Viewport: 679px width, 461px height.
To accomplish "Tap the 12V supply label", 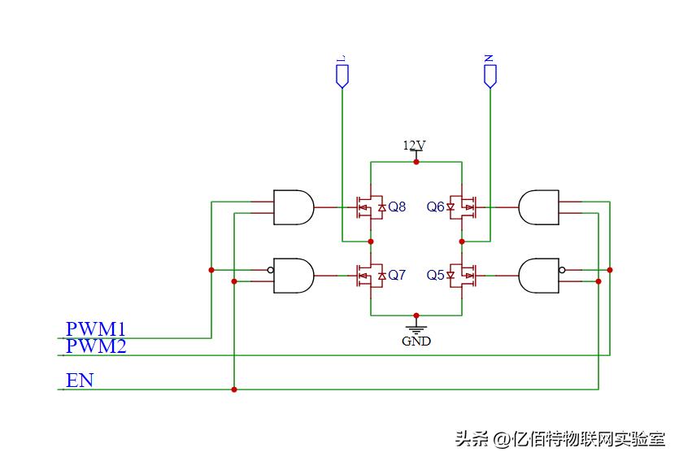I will tap(415, 146).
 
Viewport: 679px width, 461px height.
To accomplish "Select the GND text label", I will tap(416, 341).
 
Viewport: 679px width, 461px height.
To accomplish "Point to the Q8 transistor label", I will tap(397, 207).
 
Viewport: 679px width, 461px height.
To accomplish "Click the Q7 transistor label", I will tap(397, 276).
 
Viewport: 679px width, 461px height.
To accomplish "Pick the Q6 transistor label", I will tap(435, 207).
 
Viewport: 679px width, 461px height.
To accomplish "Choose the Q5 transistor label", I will tap(435, 276).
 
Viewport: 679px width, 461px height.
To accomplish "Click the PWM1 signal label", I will tap(96, 329).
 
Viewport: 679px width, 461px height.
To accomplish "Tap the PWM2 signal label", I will tap(96, 347).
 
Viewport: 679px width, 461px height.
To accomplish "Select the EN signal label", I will tap(80, 381).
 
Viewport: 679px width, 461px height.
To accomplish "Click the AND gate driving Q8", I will tap(294, 207).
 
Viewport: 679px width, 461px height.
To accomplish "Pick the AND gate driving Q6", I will tap(538, 207).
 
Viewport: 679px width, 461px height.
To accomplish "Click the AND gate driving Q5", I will tap(538, 276).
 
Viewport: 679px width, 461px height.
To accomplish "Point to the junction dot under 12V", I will tap(416, 162).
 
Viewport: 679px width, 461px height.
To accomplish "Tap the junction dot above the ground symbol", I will tap(416, 315).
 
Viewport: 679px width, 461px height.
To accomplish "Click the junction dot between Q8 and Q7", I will tap(371, 241).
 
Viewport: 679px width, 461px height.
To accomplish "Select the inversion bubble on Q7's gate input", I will tap(270, 270).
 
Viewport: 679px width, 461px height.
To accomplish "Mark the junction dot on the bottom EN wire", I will tap(234, 389).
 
